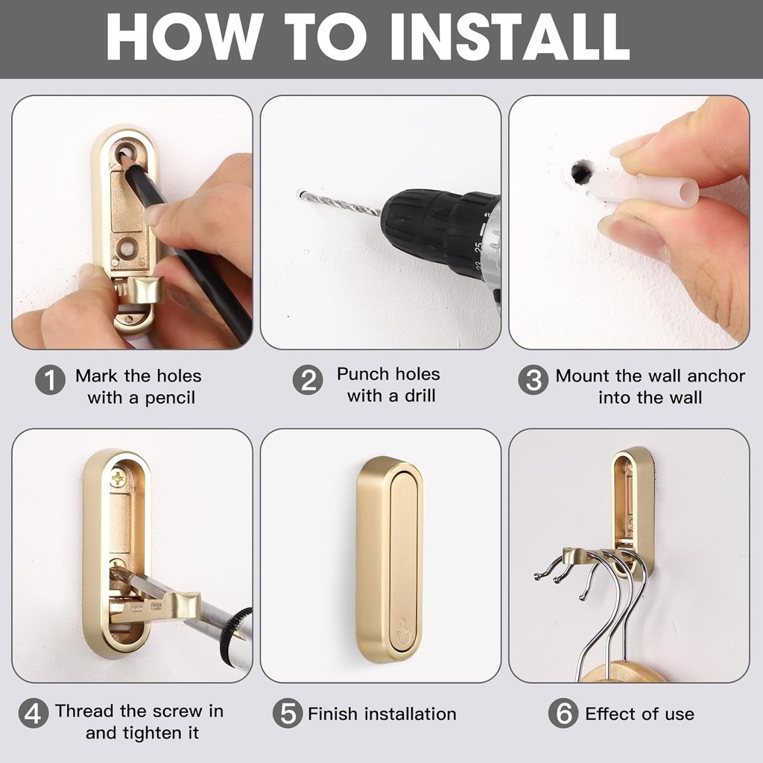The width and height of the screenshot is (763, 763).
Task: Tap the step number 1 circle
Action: click(x=50, y=381)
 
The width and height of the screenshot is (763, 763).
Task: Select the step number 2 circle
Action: click(x=307, y=380)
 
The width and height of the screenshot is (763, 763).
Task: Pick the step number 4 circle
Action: click(x=33, y=714)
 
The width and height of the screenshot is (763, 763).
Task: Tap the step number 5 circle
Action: click(x=287, y=714)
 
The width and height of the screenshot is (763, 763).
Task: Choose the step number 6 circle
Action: click(x=563, y=714)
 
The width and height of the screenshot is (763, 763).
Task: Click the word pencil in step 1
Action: click(x=170, y=398)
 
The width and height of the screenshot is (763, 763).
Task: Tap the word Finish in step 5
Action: click(x=334, y=714)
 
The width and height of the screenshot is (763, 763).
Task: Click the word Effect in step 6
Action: click(x=610, y=714)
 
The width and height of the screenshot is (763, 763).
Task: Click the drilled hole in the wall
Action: click(x=580, y=173)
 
